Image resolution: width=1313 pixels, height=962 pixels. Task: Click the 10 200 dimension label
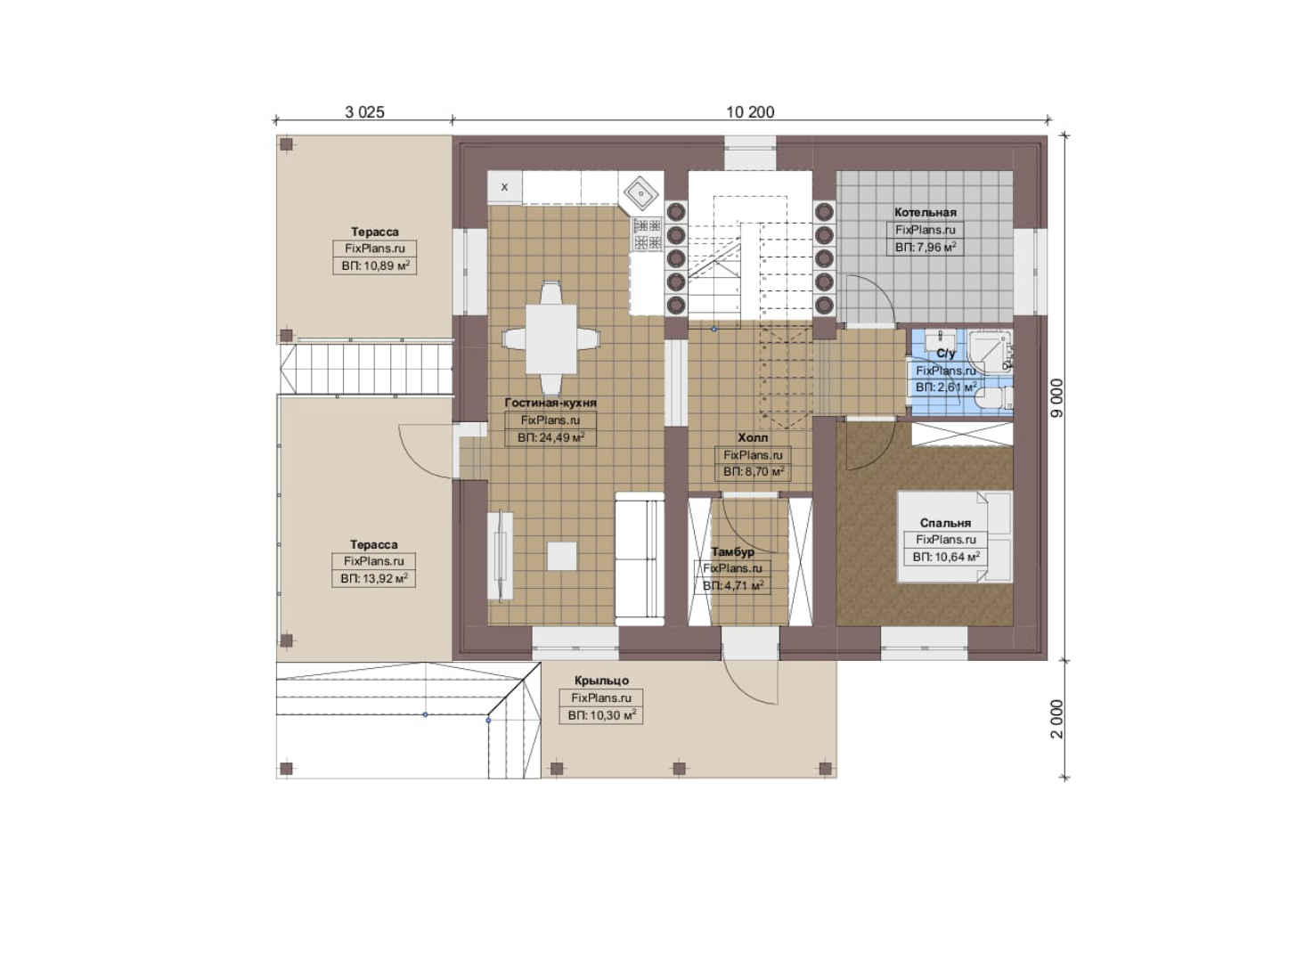750,112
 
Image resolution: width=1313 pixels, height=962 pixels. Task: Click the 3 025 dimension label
364,112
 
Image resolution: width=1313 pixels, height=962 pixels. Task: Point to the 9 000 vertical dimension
1056,398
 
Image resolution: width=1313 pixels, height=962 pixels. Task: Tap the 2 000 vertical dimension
1056,719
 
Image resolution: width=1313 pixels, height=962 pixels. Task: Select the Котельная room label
925,212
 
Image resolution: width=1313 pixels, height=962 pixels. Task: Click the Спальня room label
945,523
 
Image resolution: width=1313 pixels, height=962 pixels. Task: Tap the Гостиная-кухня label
550,403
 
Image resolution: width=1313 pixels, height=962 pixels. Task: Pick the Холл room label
753,437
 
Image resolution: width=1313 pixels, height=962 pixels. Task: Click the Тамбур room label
733,551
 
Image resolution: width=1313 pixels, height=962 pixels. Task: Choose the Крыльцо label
601,681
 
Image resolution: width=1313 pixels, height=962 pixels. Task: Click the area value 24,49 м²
551,437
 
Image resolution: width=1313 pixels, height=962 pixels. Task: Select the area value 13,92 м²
374,579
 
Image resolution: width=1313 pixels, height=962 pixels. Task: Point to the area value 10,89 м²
375,266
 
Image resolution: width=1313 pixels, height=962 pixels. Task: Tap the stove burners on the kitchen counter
647,233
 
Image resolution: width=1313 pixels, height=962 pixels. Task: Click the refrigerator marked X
505,187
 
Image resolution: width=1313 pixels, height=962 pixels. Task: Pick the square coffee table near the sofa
562,556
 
